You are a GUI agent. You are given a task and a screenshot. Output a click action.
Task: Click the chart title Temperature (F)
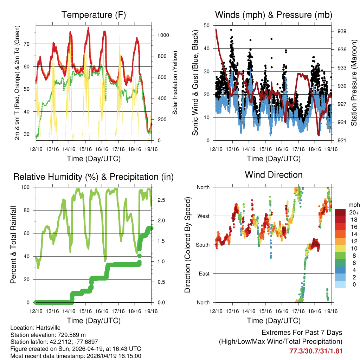pos(94,15)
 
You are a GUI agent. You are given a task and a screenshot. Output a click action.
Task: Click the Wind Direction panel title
pos(274,175)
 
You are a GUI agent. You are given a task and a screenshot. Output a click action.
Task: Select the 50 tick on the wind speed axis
pos(207,25)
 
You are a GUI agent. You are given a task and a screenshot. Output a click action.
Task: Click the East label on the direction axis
pos(202,274)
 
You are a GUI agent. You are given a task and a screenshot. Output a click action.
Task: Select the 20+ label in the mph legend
pos(354,212)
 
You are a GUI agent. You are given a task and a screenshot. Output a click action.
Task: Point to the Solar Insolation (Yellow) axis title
pos(175,83)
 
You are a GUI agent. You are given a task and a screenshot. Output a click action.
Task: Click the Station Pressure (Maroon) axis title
pos(354,83)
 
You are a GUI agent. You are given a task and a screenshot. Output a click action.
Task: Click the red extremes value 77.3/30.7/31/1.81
pos(316,351)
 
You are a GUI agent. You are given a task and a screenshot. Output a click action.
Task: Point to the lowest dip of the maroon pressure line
pos(319,135)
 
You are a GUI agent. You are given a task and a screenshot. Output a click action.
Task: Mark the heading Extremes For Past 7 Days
pos(302,333)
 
